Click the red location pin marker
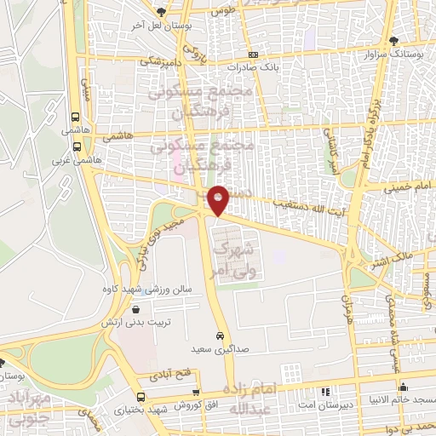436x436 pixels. pyautogui.click(x=219, y=200)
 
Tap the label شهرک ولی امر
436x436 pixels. pyautogui.click(x=233, y=259)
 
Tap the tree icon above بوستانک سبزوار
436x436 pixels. pyautogui.click(x=393, y=41)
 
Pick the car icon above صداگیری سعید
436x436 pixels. pyautogui.click(x=221, y=336)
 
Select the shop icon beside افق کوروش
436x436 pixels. pyautogui.click(x=197, y=391)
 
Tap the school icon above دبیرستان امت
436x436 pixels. pyautogui.click(x=324, y=392)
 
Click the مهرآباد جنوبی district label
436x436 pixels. pyautogui.click(x=33, y=407)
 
